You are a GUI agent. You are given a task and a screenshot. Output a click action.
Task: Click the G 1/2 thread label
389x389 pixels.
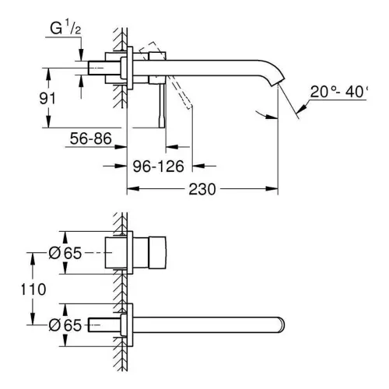[65, 28]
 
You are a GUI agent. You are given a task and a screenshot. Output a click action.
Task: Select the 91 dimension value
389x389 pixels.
[47, 99]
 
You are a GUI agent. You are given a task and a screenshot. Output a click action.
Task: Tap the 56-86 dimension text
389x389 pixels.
[91, 138]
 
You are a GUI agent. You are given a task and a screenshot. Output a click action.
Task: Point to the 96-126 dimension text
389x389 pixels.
[158, 166]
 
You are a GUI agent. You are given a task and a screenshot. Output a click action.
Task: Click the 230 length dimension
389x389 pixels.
[202, 189]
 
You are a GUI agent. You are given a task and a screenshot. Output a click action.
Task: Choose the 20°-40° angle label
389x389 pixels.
[339, 92]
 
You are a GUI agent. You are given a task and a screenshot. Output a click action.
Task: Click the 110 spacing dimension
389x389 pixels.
[33, 289]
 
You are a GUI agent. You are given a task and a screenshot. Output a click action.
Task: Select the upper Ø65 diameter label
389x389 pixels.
[65, 253]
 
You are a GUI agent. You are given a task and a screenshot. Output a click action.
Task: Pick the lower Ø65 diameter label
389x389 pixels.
[65, 325]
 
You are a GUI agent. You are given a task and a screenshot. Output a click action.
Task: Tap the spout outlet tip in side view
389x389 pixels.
[279, 82]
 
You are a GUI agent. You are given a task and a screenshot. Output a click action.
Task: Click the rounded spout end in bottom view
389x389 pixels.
[282, 324]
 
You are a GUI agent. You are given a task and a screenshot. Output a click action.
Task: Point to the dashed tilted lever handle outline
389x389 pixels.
[166, 75]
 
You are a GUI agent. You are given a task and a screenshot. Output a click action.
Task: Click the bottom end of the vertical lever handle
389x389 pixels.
[162, 128]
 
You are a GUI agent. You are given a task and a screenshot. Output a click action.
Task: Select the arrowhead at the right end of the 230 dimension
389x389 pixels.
[272, 189]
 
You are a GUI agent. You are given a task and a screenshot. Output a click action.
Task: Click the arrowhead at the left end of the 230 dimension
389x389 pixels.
[133, 189]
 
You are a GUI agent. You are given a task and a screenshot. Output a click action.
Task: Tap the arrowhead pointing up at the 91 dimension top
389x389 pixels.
[48, 74]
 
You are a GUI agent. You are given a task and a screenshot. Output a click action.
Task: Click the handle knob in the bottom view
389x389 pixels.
[157, 252]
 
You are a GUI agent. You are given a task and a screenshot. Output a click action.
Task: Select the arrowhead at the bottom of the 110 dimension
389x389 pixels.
[33, 318]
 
